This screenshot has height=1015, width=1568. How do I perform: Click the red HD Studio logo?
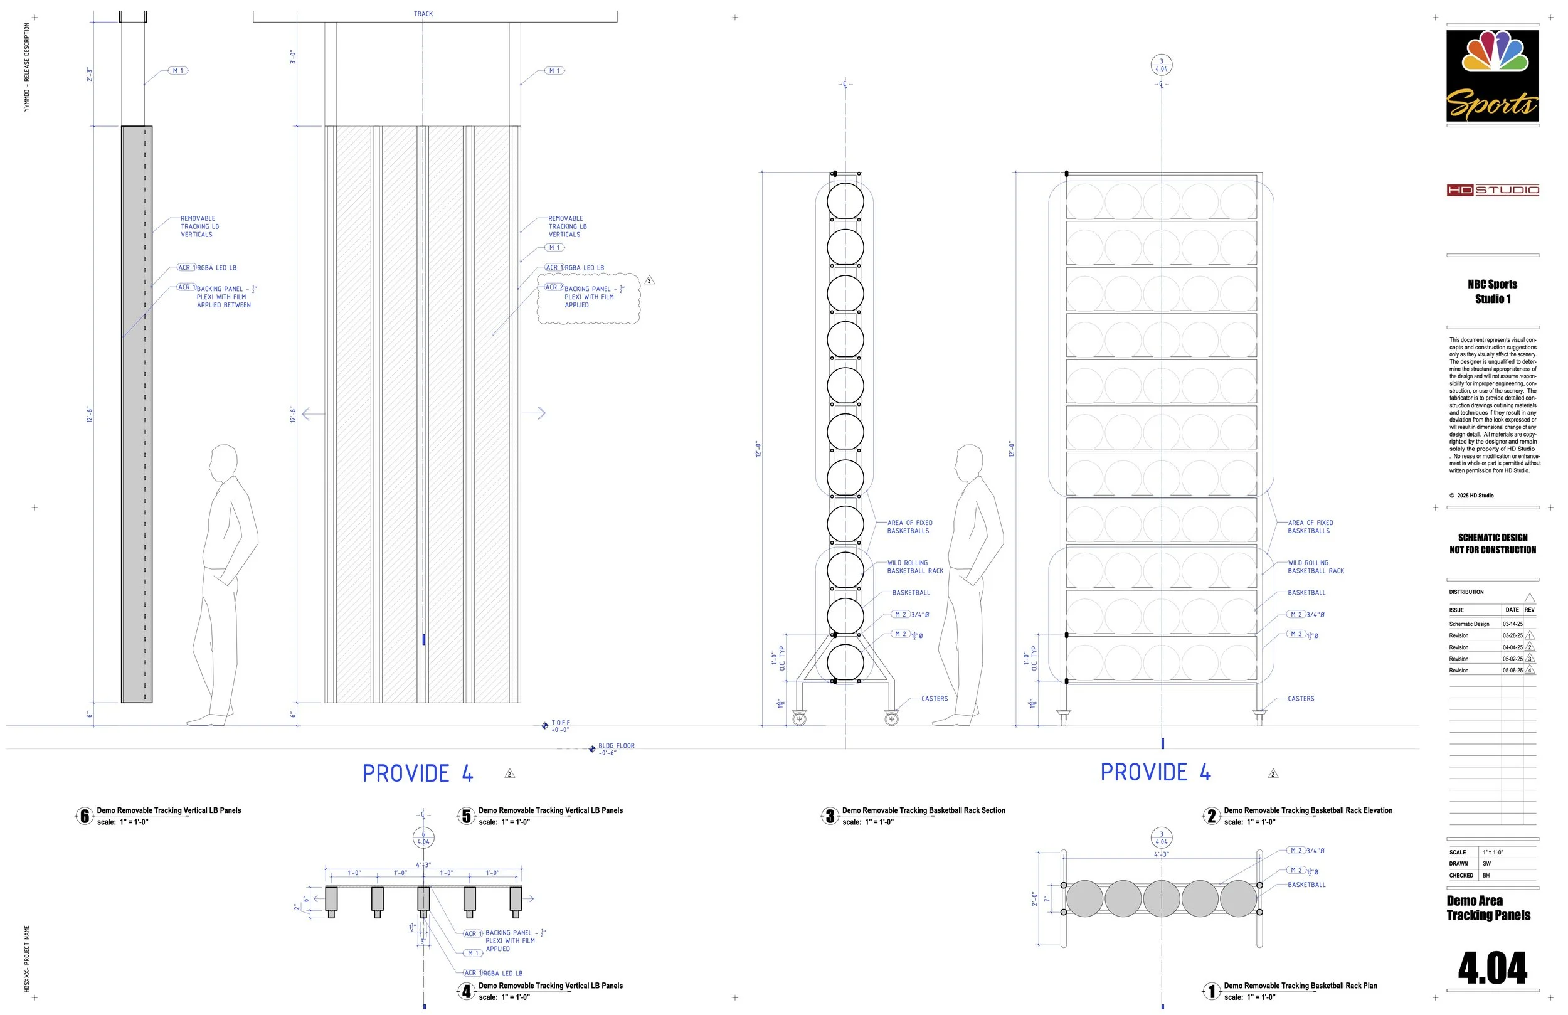(1493, 191)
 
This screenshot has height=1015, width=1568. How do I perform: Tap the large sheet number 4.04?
(1492, 968)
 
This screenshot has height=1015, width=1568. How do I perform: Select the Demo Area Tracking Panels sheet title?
(1488, 908)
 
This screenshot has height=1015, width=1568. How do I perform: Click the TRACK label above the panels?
(423, 14)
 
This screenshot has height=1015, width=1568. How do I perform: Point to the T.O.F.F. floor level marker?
(545, 726)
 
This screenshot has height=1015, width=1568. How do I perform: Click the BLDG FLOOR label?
(616, 746)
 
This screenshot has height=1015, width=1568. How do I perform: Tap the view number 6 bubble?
(84, 817)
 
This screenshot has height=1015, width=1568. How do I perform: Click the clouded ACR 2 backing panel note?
(588, 297)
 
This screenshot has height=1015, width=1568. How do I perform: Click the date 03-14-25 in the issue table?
(1512, 624)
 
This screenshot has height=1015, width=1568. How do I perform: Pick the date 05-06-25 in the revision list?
(1512, 671)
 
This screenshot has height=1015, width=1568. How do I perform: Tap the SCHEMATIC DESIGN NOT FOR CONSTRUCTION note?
(1492, 544)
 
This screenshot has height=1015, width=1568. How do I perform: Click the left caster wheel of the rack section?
(799, 718)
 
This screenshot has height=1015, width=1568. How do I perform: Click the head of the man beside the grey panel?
(224, 463)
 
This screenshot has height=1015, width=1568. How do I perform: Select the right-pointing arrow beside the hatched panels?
(534, 413)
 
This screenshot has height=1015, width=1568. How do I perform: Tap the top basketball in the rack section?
(845, 201)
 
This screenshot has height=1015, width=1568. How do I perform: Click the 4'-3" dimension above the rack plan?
(1161, 854)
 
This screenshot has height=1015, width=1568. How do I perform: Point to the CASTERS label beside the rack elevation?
(1301, 699)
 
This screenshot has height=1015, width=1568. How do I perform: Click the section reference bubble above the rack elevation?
(1161, 65)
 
